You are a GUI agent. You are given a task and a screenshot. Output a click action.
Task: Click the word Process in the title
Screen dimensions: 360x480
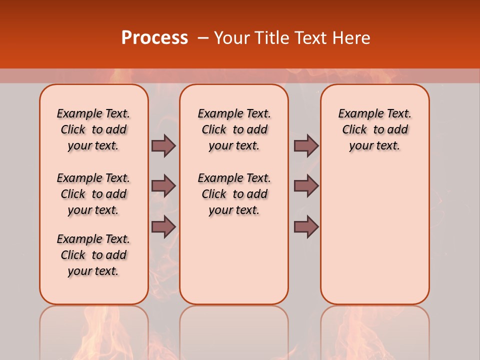coord(154,38)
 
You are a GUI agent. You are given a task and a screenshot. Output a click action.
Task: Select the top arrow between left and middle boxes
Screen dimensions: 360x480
coord(163,145)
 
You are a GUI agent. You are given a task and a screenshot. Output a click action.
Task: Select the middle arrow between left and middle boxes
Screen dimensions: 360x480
coord(163,186)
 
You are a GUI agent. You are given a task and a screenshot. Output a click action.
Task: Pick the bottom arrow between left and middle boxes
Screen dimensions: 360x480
coord(163,227)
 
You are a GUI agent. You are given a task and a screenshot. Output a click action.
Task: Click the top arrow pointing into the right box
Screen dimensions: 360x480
coord(306,145)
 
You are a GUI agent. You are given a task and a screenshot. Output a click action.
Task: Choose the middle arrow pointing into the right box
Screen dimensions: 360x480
coord(306,186)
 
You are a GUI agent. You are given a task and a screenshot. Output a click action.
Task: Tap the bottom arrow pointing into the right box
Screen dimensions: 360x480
coord(306,227)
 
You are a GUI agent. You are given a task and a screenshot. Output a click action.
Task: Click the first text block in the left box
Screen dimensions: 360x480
coord(93,129)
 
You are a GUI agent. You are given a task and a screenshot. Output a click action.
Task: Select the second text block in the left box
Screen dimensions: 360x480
coord(93,194)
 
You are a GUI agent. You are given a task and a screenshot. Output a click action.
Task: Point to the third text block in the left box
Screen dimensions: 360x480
coord(93,255)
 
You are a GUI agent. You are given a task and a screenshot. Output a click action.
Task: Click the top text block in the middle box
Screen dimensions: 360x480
coord(234,129)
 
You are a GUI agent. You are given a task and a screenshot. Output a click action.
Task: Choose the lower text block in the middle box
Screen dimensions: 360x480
coord(234,194)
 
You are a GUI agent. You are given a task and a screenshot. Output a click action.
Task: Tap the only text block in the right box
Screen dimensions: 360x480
coord(374,129)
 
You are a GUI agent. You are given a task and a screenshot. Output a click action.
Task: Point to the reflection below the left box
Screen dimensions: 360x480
coord(94,330)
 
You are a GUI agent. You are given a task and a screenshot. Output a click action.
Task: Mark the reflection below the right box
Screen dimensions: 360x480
coord(374,330)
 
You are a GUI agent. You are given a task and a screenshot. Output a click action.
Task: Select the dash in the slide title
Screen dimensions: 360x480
coord(203,38)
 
